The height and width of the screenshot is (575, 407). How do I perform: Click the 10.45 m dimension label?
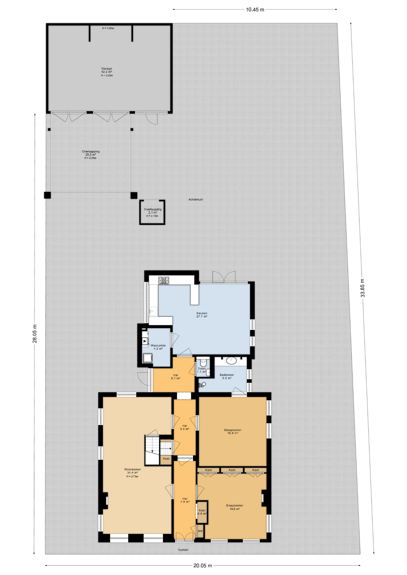(255, 10)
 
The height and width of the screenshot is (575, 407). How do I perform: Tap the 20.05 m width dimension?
(203, 565)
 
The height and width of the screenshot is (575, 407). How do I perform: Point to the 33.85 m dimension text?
(363, 288)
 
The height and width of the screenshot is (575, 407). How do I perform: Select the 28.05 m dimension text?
(35, 334)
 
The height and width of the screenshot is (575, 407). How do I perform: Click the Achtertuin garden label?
(196, 199)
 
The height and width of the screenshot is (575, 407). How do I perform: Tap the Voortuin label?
(183, 550)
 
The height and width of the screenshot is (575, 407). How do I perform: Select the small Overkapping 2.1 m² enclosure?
(152, 212)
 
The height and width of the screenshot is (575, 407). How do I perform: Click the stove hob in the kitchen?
(164, 281)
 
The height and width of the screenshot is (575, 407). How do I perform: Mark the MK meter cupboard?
(200, 531)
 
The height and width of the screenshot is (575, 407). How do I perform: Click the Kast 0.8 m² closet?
(202, 512)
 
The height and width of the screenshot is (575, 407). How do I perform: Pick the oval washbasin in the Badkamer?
(232, 360)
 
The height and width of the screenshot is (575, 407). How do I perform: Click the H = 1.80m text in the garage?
(108, 28)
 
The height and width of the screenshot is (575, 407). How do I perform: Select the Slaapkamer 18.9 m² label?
(233, 432)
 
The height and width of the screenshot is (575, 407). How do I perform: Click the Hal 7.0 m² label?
(185, 500)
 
